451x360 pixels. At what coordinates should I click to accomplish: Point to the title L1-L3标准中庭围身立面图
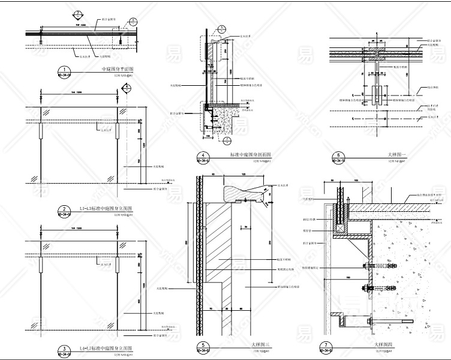point(107,208)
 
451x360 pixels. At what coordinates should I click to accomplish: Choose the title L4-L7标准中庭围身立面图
point(107,348)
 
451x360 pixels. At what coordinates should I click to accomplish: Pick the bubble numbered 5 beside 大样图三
point(201,346)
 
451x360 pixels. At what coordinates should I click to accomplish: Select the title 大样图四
point(384,344)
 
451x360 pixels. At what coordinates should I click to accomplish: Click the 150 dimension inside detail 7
point(347,278)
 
